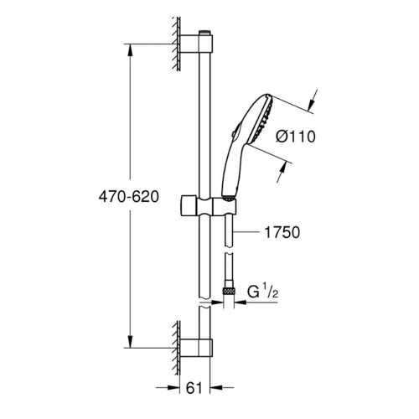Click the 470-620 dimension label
(129, 197)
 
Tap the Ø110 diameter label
(296, 137)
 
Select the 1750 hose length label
(282, 232)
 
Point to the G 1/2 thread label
(262, 292)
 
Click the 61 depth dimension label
(194, 388)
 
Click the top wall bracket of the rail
(196, 44)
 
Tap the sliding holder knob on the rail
(189, 206)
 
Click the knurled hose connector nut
(229, 291)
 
